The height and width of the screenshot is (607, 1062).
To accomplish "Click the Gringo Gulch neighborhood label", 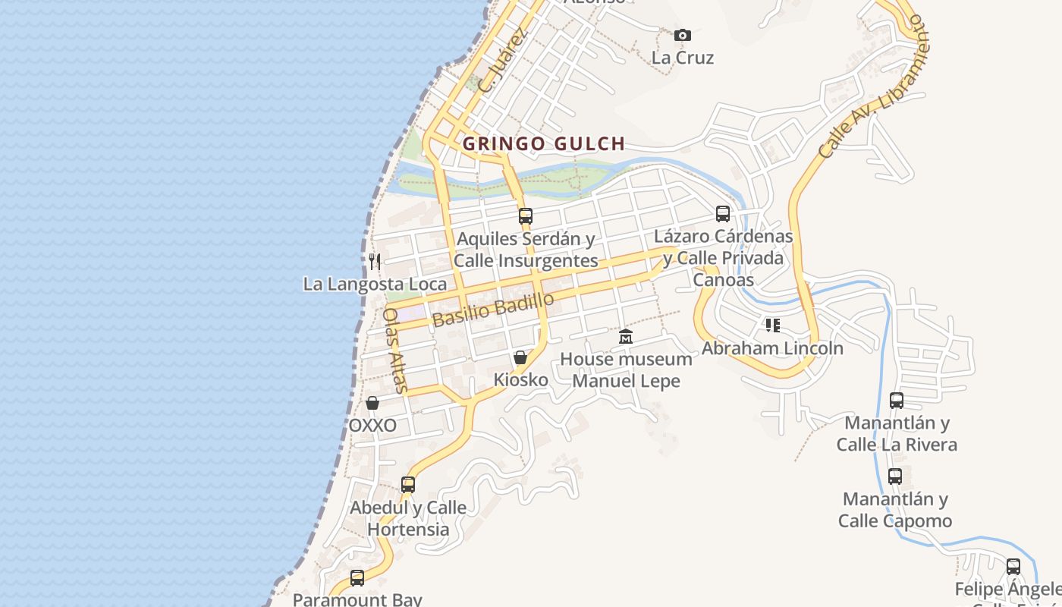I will [x=544, y=143].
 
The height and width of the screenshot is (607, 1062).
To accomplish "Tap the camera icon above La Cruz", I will [x=683, y=35].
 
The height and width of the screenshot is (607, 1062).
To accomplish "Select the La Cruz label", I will [x=683, y=58].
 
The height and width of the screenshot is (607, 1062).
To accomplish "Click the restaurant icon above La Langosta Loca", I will [x=374, y=262].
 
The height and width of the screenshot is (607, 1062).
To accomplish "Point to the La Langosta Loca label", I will [x=375, y=285].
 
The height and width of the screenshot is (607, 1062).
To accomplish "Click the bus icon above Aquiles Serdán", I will [x=526, y=216].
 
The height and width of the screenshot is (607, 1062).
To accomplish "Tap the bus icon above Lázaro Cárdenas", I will [x=723, y=214].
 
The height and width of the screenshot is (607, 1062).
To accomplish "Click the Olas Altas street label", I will [x=395, y=350].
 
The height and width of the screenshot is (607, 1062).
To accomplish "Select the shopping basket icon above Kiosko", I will [x=520, y=357].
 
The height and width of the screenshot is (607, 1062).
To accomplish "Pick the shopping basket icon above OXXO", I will [x=372, y=403].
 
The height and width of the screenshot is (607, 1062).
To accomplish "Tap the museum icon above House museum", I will [x=626, y=336].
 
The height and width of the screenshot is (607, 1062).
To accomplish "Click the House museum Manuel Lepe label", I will [x=627, y=370].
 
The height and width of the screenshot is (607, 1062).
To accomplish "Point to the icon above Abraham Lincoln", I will [x=772, y=326].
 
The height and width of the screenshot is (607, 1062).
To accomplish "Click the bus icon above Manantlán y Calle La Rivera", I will [x=897, y=400].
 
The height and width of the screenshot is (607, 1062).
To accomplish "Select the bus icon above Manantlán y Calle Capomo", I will [x=895, y=476].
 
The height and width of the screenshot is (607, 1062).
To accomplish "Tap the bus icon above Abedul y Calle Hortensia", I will [x=408, y=484].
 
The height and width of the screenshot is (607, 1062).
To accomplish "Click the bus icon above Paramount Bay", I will [x=357, y=577].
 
